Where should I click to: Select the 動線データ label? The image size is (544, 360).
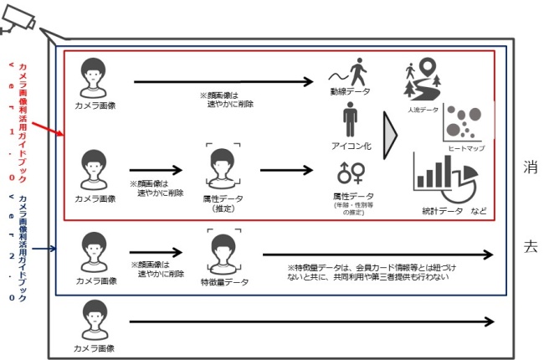click(349, 91)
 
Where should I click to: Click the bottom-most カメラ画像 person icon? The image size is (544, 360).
click(95, 318)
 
